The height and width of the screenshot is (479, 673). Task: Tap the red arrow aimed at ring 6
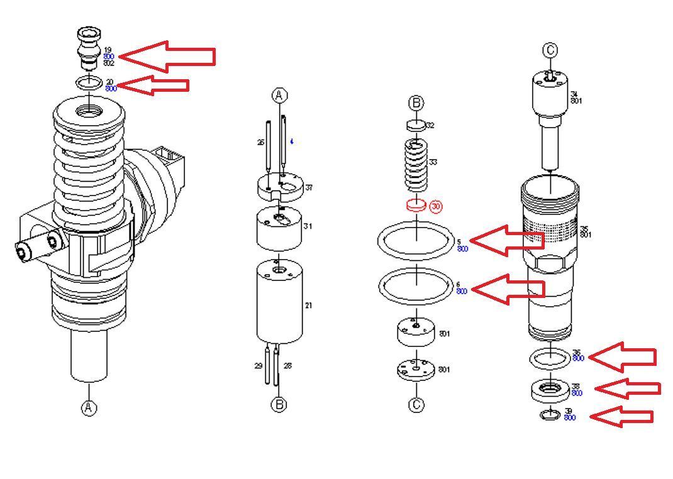tap(506, 289)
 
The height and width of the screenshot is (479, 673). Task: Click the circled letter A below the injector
tap(89, 408)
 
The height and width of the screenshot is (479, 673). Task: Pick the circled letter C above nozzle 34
tap(550, 50)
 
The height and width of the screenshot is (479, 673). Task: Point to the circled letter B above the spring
tap(416, 103)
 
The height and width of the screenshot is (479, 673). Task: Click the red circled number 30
tap(436, 206)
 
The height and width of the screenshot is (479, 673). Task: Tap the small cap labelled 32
tap(416, 125)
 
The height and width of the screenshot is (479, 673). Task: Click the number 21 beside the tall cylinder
tap(308, 306)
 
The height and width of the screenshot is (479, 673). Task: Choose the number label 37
tap(309, 188)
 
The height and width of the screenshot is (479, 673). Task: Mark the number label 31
tap(308, 226)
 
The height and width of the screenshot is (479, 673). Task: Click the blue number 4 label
tap(291, 142)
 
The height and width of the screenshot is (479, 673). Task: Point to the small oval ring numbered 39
tap(550, 414)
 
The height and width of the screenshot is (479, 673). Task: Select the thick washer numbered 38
tap(550, 391)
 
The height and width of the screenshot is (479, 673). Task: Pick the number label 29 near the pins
tap(258, 365)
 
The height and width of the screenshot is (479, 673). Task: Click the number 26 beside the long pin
tap(260, 143)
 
